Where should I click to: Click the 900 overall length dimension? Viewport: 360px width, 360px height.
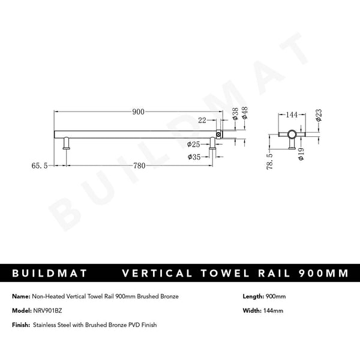pos(139,112)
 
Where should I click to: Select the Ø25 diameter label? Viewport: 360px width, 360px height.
pos(193,145)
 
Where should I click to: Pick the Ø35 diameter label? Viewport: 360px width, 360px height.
pos(194,157)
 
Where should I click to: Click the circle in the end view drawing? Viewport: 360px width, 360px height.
pos(292,134)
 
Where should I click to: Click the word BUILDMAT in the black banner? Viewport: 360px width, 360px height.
pos(50,274)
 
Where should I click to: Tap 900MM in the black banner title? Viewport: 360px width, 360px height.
pos(323,274)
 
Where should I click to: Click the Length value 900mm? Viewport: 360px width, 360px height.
pos(275,297)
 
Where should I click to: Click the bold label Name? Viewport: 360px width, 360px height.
pos(21,297)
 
